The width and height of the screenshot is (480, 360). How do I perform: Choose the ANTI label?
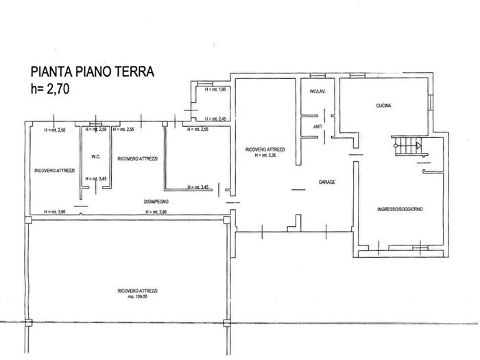coord(317,127)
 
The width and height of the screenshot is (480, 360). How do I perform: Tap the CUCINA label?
coord(383,105)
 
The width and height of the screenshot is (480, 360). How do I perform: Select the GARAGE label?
coord(326,182)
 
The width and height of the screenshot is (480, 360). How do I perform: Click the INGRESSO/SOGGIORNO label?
coord(400,208)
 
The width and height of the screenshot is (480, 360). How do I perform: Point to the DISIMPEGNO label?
coord(156,202)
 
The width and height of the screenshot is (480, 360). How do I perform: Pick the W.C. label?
coord(96,157)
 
